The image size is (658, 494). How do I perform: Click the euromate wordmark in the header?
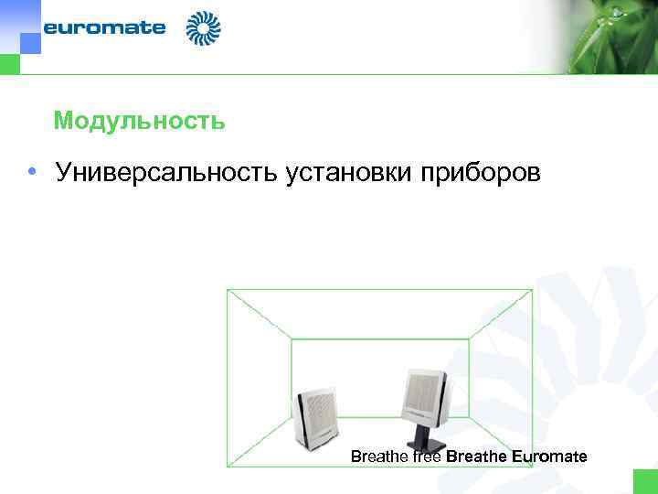(104, 27)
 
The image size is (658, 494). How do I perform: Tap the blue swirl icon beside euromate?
(203, 28)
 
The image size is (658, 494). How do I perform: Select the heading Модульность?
(139, 121)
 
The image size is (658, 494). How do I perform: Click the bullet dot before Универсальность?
(31, 172)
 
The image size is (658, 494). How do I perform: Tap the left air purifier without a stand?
(316, 417)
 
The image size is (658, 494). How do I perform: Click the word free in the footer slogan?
(427, 456)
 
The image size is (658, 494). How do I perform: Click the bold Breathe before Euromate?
(477, 456)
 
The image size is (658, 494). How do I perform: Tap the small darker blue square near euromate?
(30, 43)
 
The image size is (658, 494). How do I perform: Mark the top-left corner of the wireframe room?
(228, 290)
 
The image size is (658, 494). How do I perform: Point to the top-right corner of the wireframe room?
(532, 290)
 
